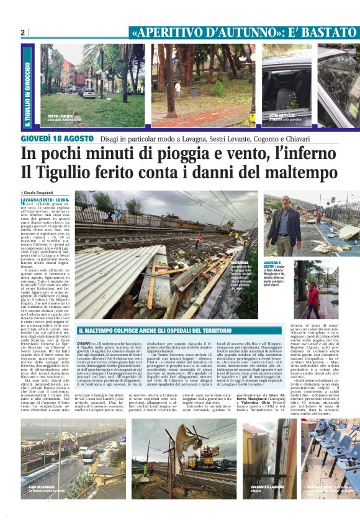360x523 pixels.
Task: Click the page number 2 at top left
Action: coord(23,32)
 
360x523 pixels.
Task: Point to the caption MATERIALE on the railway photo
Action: coord(222,263)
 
